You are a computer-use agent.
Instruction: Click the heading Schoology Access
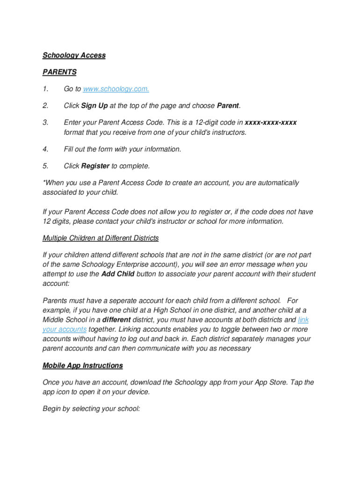pyautogui.click(x=74, y=55)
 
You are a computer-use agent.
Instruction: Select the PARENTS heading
pyautogui.click(x=59, y=72)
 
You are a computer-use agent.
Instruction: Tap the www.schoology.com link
pyautogui.click(x=116, y=89)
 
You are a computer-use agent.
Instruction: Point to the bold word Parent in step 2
pyautogui.click(x=228, y=106)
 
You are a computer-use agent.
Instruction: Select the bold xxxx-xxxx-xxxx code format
pyautogui.click(x=271, y=123)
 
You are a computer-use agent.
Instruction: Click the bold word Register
pyautogui.click(x=95, y=166)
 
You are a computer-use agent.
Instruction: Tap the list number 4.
pyautogui.click(x=45, y=149)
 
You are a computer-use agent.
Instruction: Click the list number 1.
pyautogui.click(x=45, y=89)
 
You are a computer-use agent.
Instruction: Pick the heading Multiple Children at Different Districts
pyautogui.click(x=101, y=238)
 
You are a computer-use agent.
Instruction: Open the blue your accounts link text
pyautogui.click(x=65, y=329)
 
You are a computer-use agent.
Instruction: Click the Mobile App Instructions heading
pyautogui.click(x=82, y=365)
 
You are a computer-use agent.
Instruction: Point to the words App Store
pyautogui.click(x=271, y=383)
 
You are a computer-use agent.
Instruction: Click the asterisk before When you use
pyautogui.click(x=44, y=182)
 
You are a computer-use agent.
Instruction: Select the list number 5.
pyautogui.click(x=45, y=166)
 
